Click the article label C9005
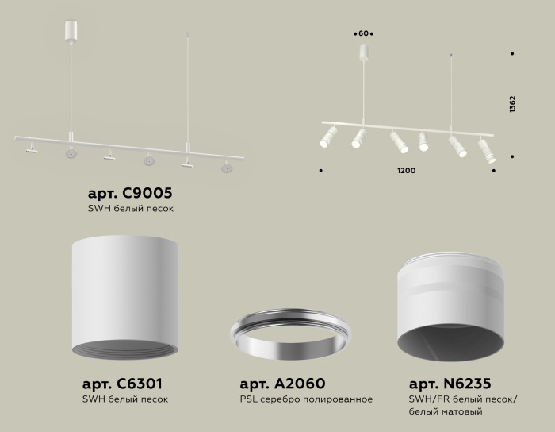point(129,193)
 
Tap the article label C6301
point(124,382)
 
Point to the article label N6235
point(455,382)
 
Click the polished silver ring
point(290,334)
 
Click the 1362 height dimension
point(513,106)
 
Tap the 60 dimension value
point(364,33)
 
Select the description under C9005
point(130,208)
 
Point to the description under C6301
point(125,399)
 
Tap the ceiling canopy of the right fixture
point(364,53)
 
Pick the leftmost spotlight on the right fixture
point(326,137)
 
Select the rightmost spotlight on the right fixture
point(486,150)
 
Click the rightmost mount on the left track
point(227,167)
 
